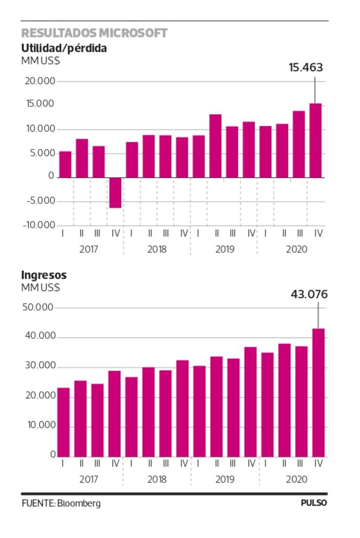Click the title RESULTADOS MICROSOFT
tap(94, 33)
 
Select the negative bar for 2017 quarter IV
tap(115, 193)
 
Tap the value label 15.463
tap(306, 68)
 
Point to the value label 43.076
tap(309, 294)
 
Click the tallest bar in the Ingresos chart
tap(319, 393)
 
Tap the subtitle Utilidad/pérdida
tap(64, 48)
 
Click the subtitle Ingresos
tap(44, 275)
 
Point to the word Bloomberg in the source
tap(79, 503)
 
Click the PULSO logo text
tap(314, 503)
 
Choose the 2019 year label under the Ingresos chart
tap(225, 479)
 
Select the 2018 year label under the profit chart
tap(157, 249)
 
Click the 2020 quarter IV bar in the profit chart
tap(316, 140)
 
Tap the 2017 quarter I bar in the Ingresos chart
tap(63, 422)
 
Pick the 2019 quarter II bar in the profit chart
tap(216, 146)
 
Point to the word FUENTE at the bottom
tap(38, 503)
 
